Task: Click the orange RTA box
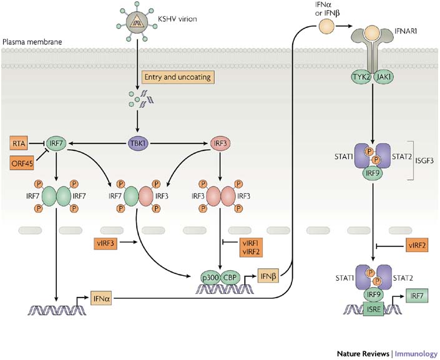coord(18,144)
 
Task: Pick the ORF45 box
coord(21,163)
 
